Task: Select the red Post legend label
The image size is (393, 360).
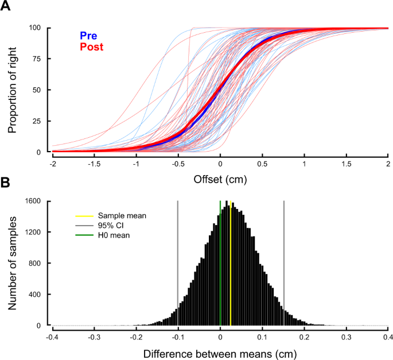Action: tap(92, 47)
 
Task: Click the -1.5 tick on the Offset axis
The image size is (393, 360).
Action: tap(94, 164)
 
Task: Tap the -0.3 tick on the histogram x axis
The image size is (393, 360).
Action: tap(94, 338)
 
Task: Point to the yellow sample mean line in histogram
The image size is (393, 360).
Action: tap(231, 264)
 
